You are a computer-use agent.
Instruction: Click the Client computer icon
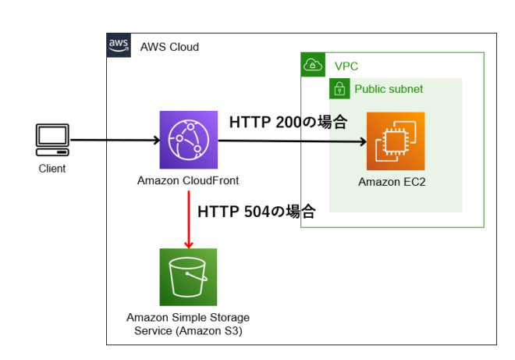[x=51, y=141]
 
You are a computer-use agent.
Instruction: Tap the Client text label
[x=52, y=169]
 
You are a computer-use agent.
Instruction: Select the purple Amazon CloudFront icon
[x=188, y=140]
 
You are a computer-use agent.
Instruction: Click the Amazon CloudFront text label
[x=188, y=181]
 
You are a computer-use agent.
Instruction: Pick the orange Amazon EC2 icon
[x=396, y=141]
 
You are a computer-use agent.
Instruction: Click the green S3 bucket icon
[x=188, y=277]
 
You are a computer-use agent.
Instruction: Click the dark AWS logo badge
[x=119, y=45]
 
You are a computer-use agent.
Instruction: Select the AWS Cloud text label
[x=169, y=47]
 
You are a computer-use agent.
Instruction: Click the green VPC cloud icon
[x=313, y=65]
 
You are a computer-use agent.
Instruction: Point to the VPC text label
[x=346, y=66]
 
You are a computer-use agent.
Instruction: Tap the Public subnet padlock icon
[x=340, y=89]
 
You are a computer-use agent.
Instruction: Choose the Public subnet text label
[x=389, y=89]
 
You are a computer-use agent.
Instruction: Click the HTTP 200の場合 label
[x=287, y=123]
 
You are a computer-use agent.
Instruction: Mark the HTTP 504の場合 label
[x=256, y=211]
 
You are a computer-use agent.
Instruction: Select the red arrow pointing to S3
[x=188, y=223]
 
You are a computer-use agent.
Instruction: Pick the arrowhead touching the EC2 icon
[x=362, y=142]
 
